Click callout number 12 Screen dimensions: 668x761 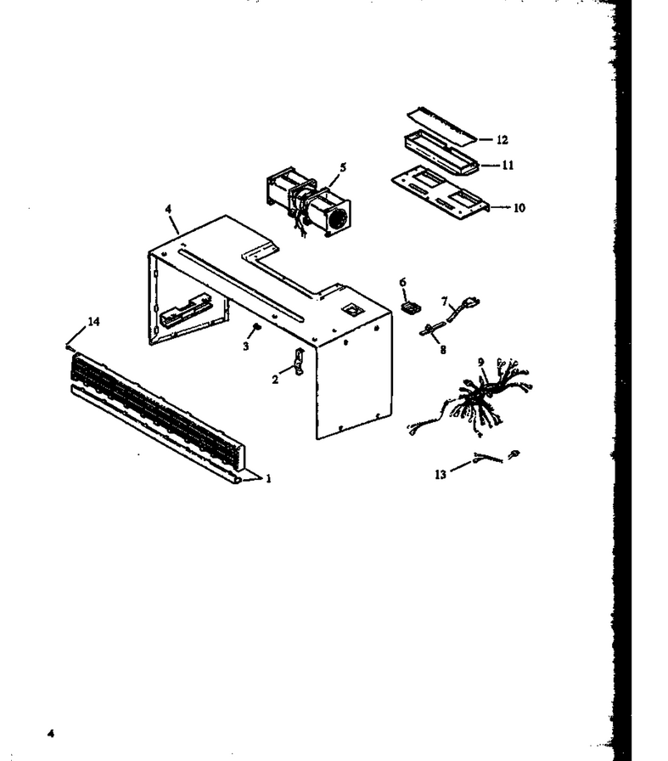502,140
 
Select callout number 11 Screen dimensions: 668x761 508,165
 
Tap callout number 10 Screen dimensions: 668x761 519,208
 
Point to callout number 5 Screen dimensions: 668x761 343,167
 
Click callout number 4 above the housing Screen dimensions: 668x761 168,209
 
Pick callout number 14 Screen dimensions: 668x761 93,321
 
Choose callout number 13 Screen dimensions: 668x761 441,474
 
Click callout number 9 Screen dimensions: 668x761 480,362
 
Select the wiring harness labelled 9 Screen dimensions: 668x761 469,397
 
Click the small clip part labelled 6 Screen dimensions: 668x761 411,307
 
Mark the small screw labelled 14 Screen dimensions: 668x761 70,346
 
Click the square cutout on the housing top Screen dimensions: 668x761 349,307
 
